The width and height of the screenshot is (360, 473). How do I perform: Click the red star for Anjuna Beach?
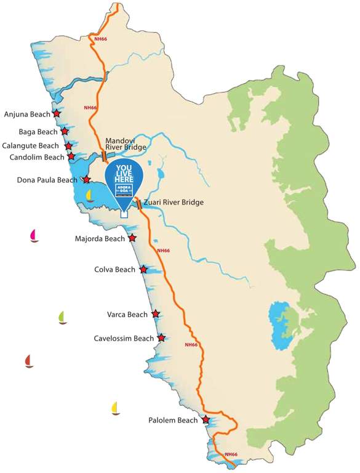(x=57, y=114)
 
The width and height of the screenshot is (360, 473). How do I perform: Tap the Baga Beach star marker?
(x=64, y=131)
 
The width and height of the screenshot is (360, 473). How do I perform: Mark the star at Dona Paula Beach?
(x=87, y=180)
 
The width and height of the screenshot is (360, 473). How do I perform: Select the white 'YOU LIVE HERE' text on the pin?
(x=124, y=172)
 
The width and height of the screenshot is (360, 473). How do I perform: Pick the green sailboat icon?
(x=62, y=318)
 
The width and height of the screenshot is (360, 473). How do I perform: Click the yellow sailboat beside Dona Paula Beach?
(x=90, y=196)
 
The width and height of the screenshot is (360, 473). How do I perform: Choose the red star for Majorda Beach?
(x=132, y=238)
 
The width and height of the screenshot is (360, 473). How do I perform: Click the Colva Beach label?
(x=114, y=270)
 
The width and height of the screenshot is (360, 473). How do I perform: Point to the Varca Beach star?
(x=156, y=314)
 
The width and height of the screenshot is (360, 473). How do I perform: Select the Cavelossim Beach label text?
(x=124, y=338)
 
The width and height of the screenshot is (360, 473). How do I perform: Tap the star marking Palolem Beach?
(x=206, y=420)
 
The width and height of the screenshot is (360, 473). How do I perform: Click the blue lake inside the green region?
(x=279, y=323)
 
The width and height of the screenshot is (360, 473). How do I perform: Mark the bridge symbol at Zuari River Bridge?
(x=139, y=204)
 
